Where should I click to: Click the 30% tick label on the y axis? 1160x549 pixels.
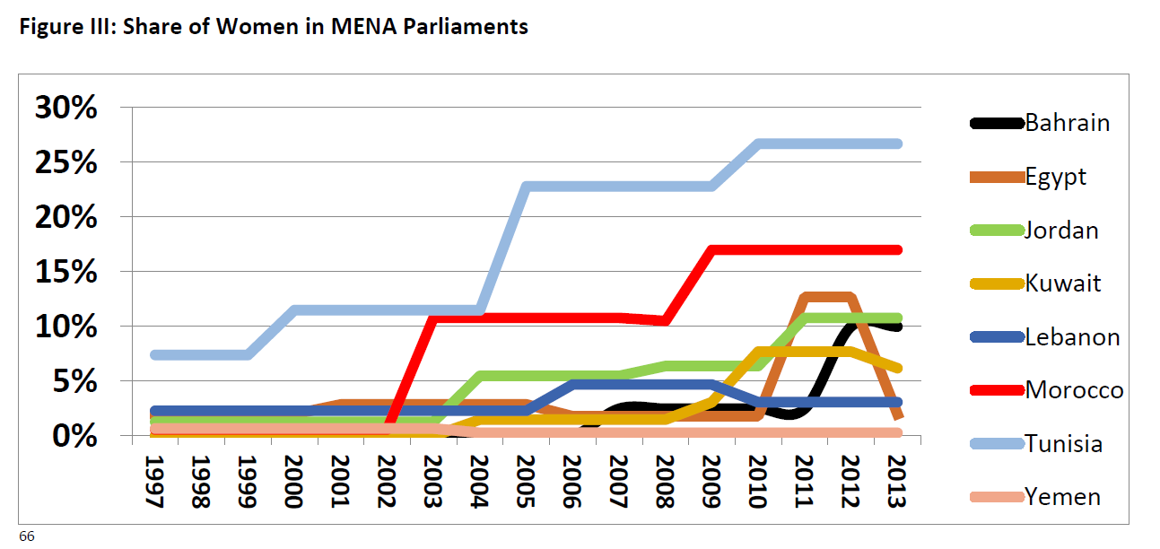coord(65,108)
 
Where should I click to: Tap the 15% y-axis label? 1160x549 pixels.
coord(65,272)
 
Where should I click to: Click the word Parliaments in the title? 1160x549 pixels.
coord(465,26)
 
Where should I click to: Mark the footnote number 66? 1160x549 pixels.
coord(27,536)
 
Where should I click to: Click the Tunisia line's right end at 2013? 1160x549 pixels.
coord(898,144)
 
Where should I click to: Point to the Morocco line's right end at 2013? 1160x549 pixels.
coord(898,249)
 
